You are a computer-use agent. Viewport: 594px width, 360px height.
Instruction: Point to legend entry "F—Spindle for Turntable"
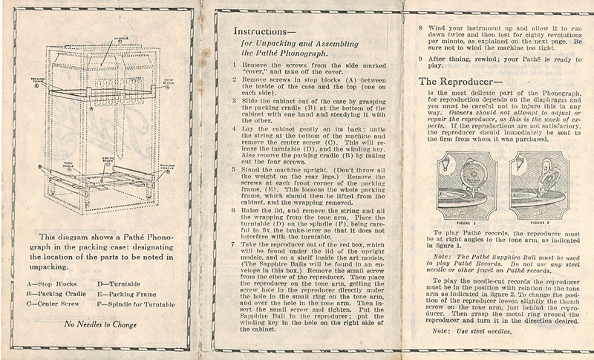[x=140, y=303]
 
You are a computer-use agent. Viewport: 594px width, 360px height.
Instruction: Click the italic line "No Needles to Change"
[x=107, y=325]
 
